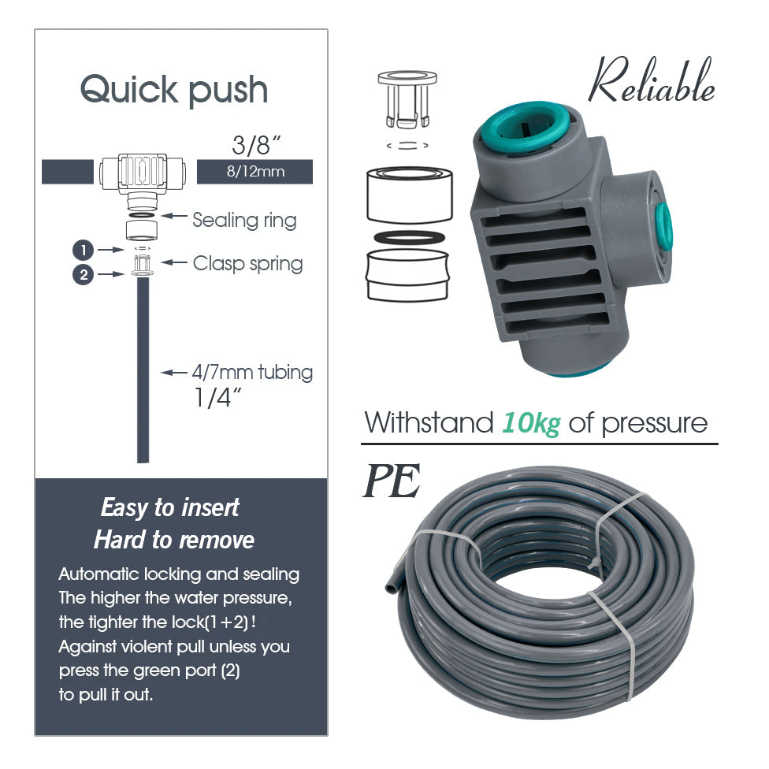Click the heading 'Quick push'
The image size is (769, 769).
tap(174, 91)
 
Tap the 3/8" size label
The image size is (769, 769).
tap(256, 145)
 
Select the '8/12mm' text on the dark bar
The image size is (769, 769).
tap(255, 172)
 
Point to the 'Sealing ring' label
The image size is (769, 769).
tap(244, 220)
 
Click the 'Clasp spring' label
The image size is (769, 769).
tap(247, 263)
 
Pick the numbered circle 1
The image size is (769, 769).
tap(84, 250)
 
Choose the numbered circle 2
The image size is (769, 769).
tap(84, 275)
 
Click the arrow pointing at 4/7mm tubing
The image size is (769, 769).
tap(174, 373)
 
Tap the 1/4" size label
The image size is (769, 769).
tap(217, 397)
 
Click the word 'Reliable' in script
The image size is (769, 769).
tap(652, 81)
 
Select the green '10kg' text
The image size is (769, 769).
tap(530, 424)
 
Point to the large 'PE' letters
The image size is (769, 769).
tap(392, 481)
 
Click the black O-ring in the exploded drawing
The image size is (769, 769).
tap(409, 238)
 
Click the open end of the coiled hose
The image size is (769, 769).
tap(392, 581)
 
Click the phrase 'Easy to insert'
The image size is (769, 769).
tap(169, 507)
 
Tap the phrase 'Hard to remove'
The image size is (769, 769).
tap(174, 540)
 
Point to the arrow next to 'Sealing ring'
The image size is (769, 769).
tap(174, 215)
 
